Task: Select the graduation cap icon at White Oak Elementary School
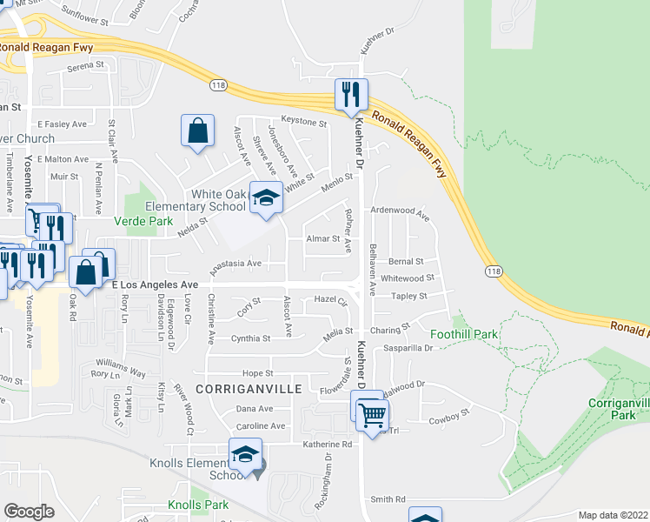[x=266, y=197]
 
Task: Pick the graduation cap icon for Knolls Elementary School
[x=245, y=455]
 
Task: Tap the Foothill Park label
[x=462, y=333]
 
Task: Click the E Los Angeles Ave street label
[x=156, y=284]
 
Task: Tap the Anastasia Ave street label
[x=235, y=263]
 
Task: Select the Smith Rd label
[x=388, y=499]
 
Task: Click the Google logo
[x=28, y=512]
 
